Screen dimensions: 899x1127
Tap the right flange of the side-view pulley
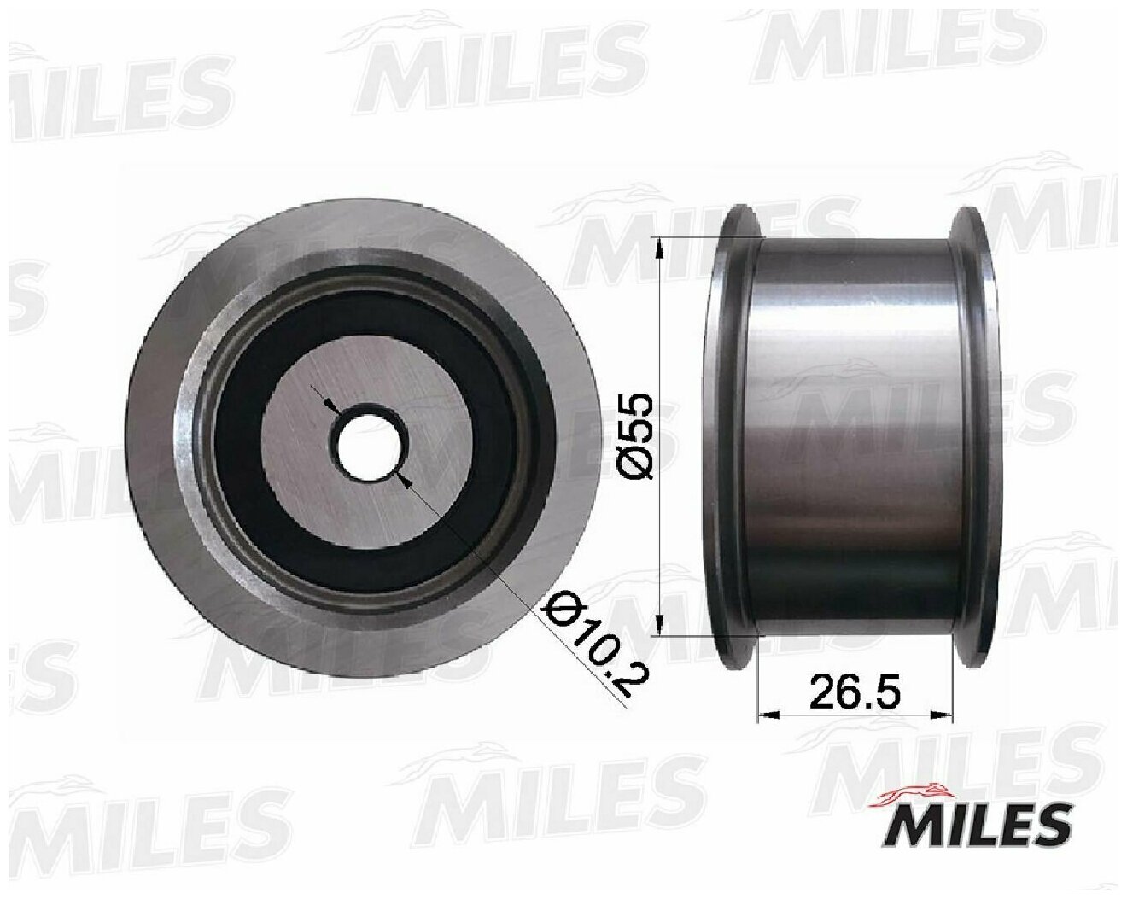tap(973, 436)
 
